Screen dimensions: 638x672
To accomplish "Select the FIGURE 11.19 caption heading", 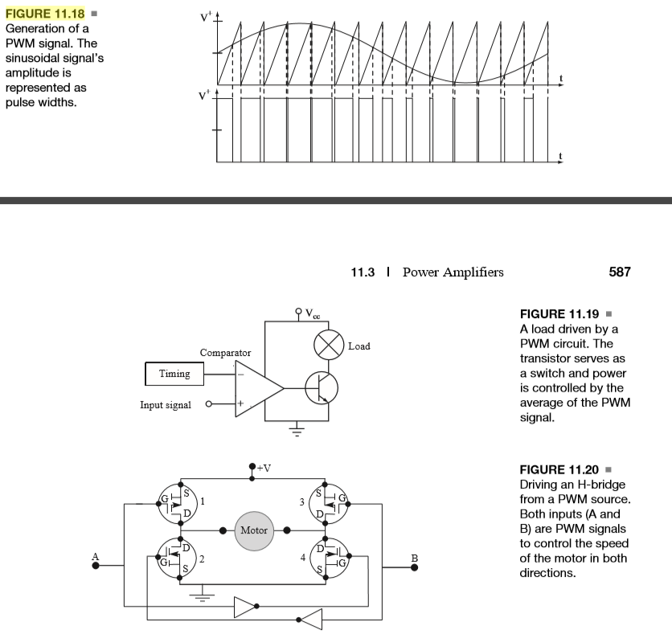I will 561,314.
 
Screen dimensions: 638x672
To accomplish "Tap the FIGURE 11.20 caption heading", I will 561,469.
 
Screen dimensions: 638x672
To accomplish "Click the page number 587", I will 620,272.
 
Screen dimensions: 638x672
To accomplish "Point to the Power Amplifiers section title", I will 453,272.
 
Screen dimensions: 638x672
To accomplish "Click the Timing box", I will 174,374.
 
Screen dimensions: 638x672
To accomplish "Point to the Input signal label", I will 166,405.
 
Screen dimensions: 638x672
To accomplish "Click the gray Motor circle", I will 253,531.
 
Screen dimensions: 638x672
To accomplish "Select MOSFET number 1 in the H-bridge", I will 178,502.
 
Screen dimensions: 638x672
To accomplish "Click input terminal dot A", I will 96,566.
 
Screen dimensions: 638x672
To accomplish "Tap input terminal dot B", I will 415,567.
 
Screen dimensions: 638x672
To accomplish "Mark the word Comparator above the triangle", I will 225,353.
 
